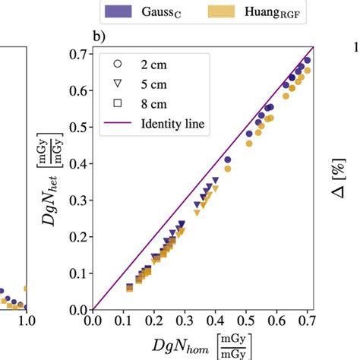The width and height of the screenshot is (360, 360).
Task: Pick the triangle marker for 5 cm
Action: pos(117,83)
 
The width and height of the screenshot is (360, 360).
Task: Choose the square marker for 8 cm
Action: pos(117,103)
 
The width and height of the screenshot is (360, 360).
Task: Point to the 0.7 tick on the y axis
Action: pos(78,54)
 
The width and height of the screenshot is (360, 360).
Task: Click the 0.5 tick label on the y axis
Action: pos(78,127)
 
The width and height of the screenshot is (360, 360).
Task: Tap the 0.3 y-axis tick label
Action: pos(78,201)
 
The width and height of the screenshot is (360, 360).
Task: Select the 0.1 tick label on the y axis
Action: pos(78,273)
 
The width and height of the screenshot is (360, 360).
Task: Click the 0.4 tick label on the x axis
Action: pos(216,322)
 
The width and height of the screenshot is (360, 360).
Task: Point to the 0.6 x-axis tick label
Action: pos(277,322)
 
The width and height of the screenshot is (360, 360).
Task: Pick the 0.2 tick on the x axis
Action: pos(154,322)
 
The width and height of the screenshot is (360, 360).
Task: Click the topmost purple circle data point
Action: pos(308,60)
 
